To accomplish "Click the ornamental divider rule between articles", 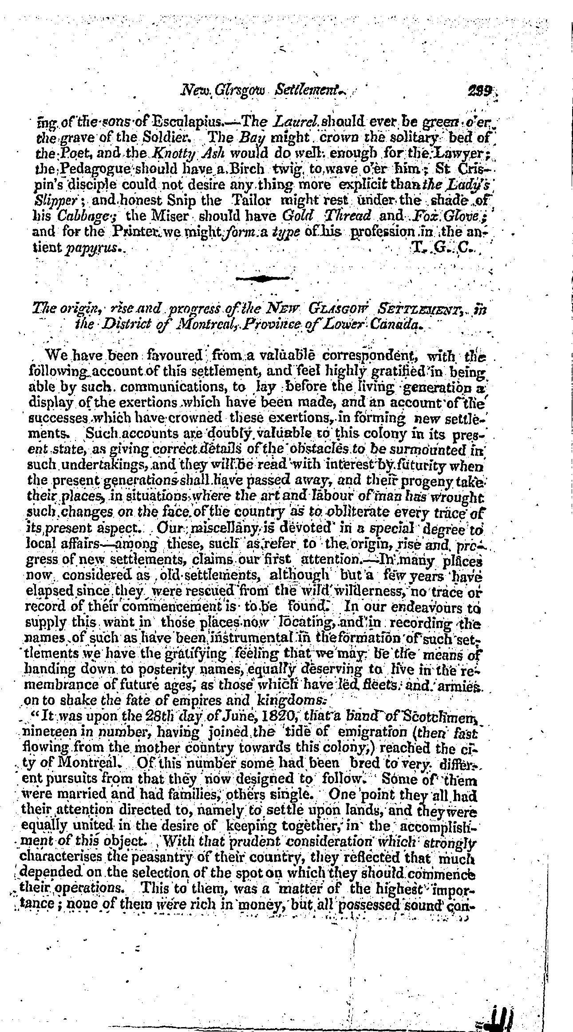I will click(263, 278).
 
